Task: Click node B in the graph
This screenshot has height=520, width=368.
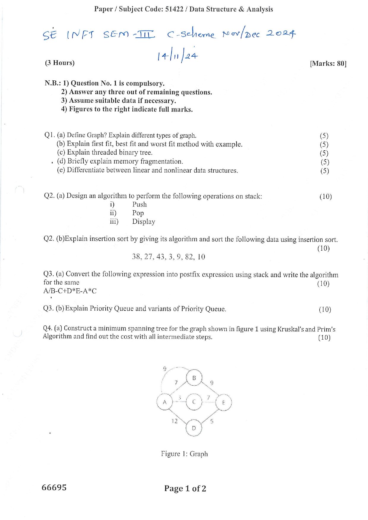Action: coord(194,378)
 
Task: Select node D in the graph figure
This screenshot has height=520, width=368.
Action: coord(194,428)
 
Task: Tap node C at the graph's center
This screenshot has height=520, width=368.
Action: coord(194,402)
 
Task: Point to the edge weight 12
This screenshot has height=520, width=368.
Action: coord(175,421)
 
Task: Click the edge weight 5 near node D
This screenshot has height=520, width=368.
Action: coord(212,421)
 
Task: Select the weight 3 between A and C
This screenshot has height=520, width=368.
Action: coord(180,397)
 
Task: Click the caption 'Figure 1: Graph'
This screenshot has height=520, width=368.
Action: coord(184,454)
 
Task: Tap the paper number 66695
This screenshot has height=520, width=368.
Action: coord(54,487)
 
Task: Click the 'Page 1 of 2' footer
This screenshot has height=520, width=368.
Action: coord(185,489)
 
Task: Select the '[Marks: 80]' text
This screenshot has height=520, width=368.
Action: coord(328,63)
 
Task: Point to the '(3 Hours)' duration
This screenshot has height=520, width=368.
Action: coord(60,63)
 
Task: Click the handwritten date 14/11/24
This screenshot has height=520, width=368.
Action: coord(177,56)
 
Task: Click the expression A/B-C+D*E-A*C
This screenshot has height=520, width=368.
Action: coord(70,291)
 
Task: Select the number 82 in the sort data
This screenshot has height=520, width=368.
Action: coord(189,257)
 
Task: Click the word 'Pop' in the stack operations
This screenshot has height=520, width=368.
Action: coord(138,213)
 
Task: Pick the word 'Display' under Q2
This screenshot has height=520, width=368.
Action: coord(144,222)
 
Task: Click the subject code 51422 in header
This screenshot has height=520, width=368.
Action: coord(174,9)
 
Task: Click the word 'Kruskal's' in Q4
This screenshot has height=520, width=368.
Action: coord(290,329)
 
